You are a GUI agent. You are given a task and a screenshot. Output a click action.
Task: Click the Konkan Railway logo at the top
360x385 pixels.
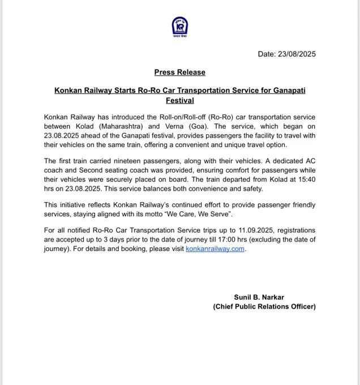click(179, 27)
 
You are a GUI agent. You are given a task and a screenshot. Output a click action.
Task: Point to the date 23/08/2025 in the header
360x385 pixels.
click(295, 54)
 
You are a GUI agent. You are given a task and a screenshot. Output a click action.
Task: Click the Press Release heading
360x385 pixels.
click(179, 72)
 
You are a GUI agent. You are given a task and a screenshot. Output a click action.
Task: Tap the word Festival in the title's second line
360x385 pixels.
click(179, 100)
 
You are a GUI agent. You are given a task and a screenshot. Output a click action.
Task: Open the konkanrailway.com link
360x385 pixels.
click(215, 249)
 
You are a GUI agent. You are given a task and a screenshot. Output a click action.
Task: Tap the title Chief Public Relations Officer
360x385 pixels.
click(264, 306)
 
